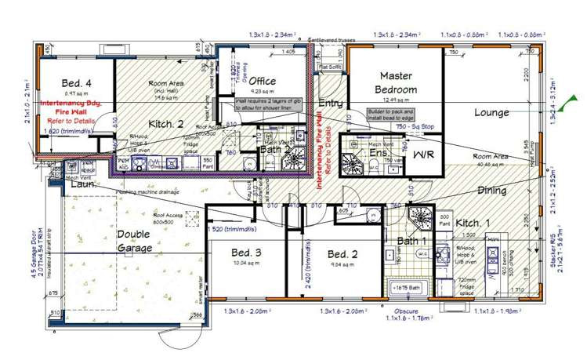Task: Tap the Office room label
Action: (262, 81)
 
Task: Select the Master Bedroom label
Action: (396, 82)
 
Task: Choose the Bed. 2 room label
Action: (342, 254)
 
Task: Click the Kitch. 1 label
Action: (473, 224)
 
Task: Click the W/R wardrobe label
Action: (423, 154)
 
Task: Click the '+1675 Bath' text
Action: (407, 288)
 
